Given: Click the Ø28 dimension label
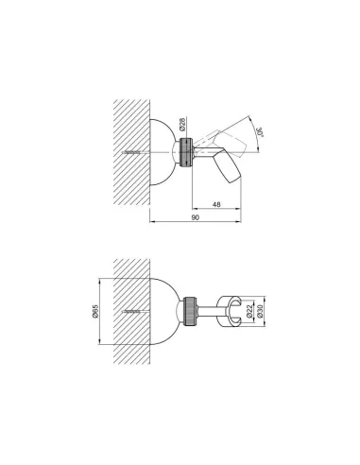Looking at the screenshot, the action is [x=182, y=124].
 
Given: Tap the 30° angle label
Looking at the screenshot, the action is [x=261, y=132].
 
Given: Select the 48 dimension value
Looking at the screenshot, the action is [x=216, y=204].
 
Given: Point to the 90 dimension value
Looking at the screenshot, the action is [x=196, y=217].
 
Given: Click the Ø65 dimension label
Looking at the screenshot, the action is [x=95, y=311].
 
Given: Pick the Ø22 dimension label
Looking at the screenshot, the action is [x=249, y=311].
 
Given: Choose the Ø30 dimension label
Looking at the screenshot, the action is [x=260, y=311].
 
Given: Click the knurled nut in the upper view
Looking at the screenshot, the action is [x=186, y=152].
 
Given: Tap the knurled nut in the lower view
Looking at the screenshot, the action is [x=190, y=311].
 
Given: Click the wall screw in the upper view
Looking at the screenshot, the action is [x=130, y=152].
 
